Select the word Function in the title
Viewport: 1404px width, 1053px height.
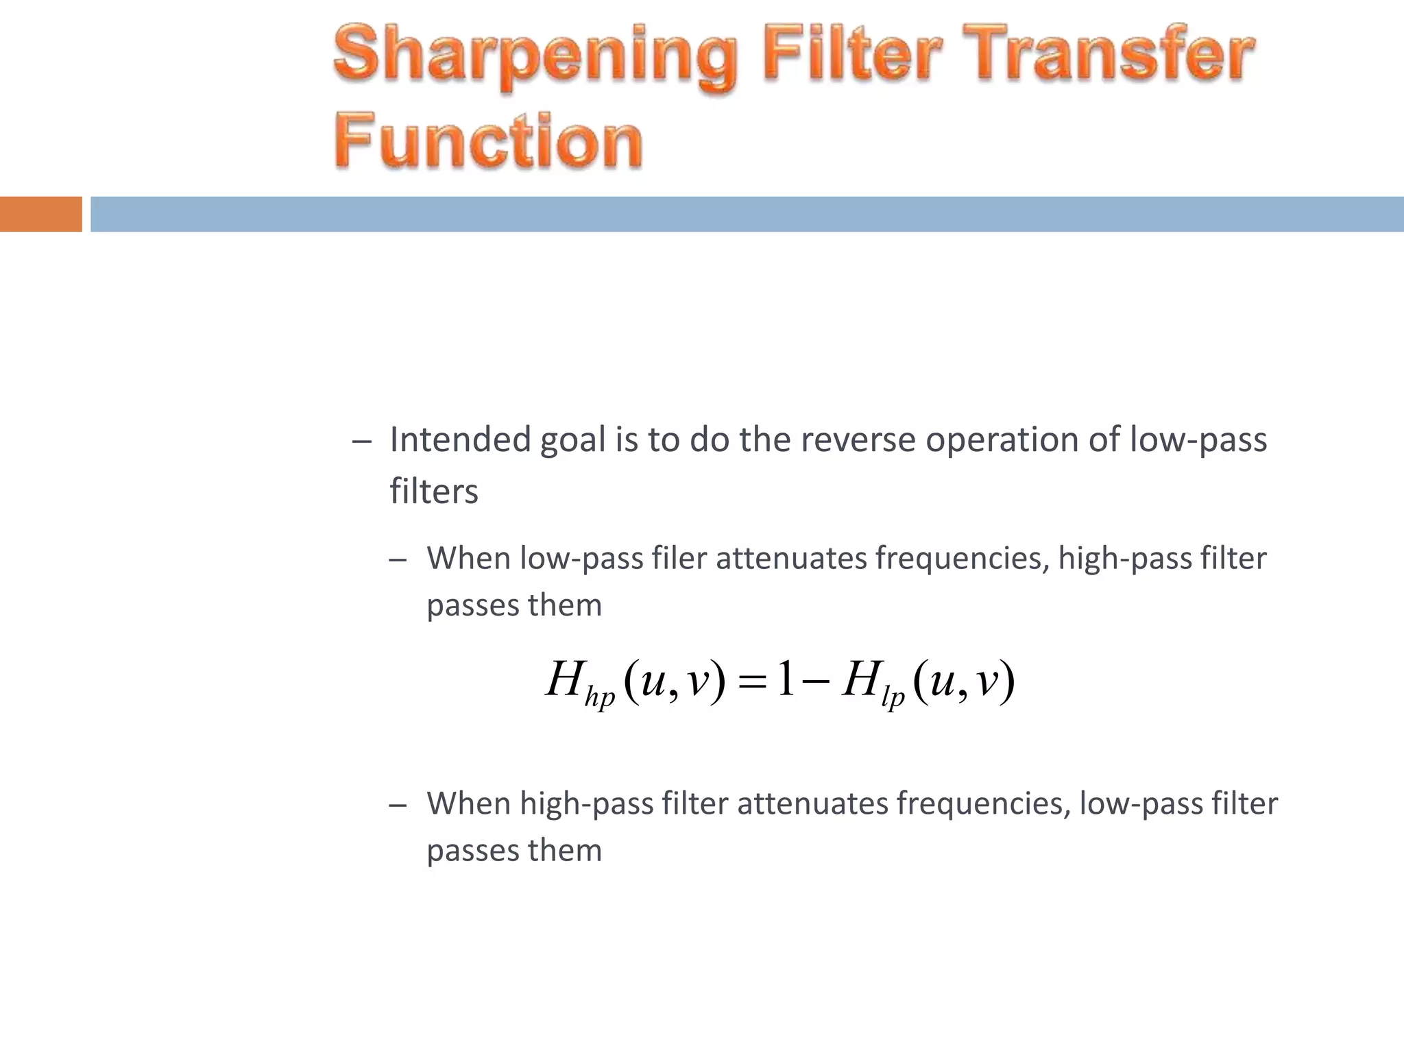[x=488, y=141]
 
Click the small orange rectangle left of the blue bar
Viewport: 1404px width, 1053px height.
[x=40, y=214]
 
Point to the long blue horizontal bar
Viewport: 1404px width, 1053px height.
[x=747, y=214]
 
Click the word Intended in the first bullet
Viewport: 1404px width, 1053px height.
[x=460, y=439]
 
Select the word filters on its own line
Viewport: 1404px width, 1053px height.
[x=434, y=492]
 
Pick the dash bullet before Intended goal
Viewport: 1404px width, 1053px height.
[x=361, y=441]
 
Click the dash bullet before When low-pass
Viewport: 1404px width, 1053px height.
[x=398, y=560]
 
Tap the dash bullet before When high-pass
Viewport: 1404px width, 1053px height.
[x=398, y=806]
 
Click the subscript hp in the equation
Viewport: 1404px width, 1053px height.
[x=599, y=697]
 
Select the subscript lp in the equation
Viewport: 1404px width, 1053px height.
[x=893, y=697]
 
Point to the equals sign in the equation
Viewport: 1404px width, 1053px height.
[x=751, y=681]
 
